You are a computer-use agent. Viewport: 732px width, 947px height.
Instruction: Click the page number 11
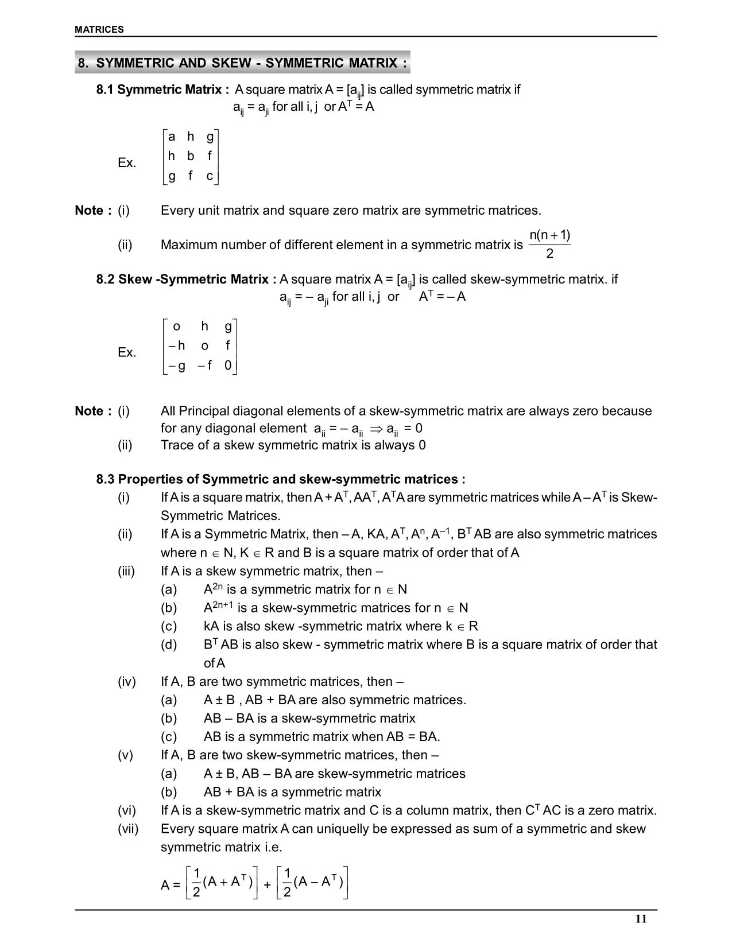tap(641, 919)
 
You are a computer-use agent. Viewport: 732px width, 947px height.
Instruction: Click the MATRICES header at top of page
tap(99, 29)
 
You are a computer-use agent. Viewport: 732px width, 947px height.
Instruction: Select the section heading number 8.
tap(83, 63)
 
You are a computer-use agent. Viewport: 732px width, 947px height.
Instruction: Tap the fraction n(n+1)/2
tap(549, 244)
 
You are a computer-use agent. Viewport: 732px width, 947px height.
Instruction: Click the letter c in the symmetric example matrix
tap(210, 176)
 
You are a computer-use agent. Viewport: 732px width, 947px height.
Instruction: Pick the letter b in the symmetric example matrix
tap(191, 156)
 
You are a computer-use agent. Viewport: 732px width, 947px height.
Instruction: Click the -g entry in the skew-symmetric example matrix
tap(177, 366)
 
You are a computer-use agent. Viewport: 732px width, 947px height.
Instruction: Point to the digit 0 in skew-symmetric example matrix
tap(228, 366)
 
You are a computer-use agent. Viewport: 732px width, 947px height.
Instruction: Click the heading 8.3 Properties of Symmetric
tap(280, 479)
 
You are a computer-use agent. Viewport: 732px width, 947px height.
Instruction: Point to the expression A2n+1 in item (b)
tap(218, 607)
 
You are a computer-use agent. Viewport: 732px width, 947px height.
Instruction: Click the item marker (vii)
tap(128, 829)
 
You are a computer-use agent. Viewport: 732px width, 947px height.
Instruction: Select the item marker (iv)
tap(127, 682)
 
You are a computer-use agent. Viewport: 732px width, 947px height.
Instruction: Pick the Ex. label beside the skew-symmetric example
tap(127, 352)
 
